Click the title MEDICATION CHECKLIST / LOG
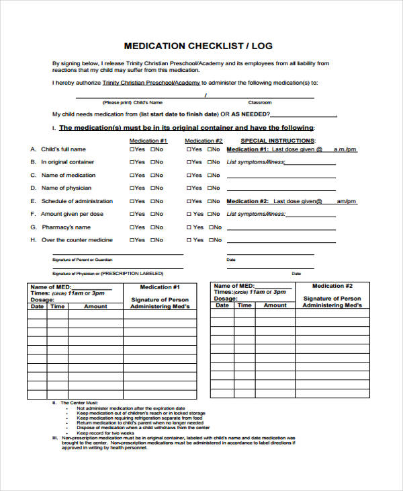click(198, 46)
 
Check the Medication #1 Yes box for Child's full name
click(132, 149)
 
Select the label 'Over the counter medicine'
click(77, 240)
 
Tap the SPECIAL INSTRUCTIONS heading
click(277, 141)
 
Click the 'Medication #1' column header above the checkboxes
click(148, 141)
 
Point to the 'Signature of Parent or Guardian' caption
click(82, 260)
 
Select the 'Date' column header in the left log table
click(37, 307)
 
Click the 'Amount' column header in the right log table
click(275, 305)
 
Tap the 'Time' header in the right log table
click(244, 305)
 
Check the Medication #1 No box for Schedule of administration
click(152, 201)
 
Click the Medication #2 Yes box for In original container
click(188, 162)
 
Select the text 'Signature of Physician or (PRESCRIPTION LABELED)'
click(107, 274)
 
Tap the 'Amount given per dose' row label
click(72, 214)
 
